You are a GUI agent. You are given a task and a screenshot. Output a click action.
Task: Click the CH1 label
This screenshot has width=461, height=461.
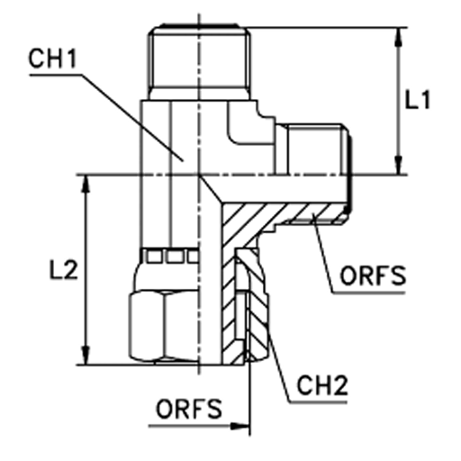[x=53, y=59]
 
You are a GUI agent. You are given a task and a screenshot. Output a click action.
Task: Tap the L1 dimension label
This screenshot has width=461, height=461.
[x=418, y=99]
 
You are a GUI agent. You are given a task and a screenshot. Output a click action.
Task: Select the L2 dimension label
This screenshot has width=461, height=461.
[x=63, y=269]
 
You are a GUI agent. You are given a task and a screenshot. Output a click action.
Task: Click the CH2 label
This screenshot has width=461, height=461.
[x=322, y=385]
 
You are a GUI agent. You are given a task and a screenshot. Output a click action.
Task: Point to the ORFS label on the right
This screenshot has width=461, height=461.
[x=373, y=276]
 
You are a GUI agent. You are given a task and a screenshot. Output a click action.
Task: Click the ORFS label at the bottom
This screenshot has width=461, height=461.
[x=189, y=409]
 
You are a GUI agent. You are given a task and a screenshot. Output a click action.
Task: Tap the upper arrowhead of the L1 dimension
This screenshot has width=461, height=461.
[x=398, y=37]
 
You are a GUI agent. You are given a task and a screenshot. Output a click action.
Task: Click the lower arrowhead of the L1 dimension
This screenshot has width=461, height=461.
[x=398, y=165]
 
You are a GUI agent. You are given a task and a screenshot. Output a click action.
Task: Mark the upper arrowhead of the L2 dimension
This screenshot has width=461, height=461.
[x=86, y=185]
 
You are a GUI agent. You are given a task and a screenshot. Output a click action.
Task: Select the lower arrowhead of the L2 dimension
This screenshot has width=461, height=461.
[x=86, y=356]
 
